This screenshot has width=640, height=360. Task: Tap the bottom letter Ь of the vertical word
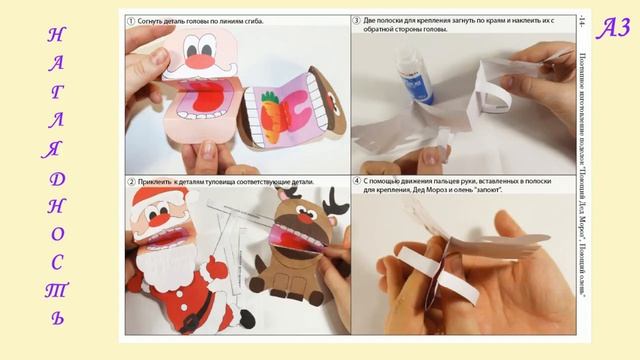pyautogui.click(x=56, y=319)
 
